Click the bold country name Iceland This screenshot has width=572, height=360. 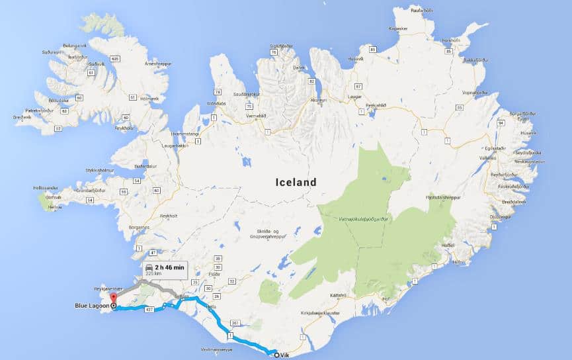click(x=296, y=182)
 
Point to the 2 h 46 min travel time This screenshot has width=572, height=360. click(x=170, y=267)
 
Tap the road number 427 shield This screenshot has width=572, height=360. click(x=149, y=309)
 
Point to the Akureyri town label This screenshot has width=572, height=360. click(x=318, y=100)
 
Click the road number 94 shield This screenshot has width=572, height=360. click(x=500, y=123)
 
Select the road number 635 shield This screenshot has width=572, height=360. click(x=115, y=60)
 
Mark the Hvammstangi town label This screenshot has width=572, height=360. click(x=186, y=133)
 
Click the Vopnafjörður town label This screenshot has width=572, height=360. click(x=475, y=93)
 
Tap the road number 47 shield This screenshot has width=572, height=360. click(x=153, y=253)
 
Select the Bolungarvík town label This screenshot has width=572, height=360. click(x=74, y=45)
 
